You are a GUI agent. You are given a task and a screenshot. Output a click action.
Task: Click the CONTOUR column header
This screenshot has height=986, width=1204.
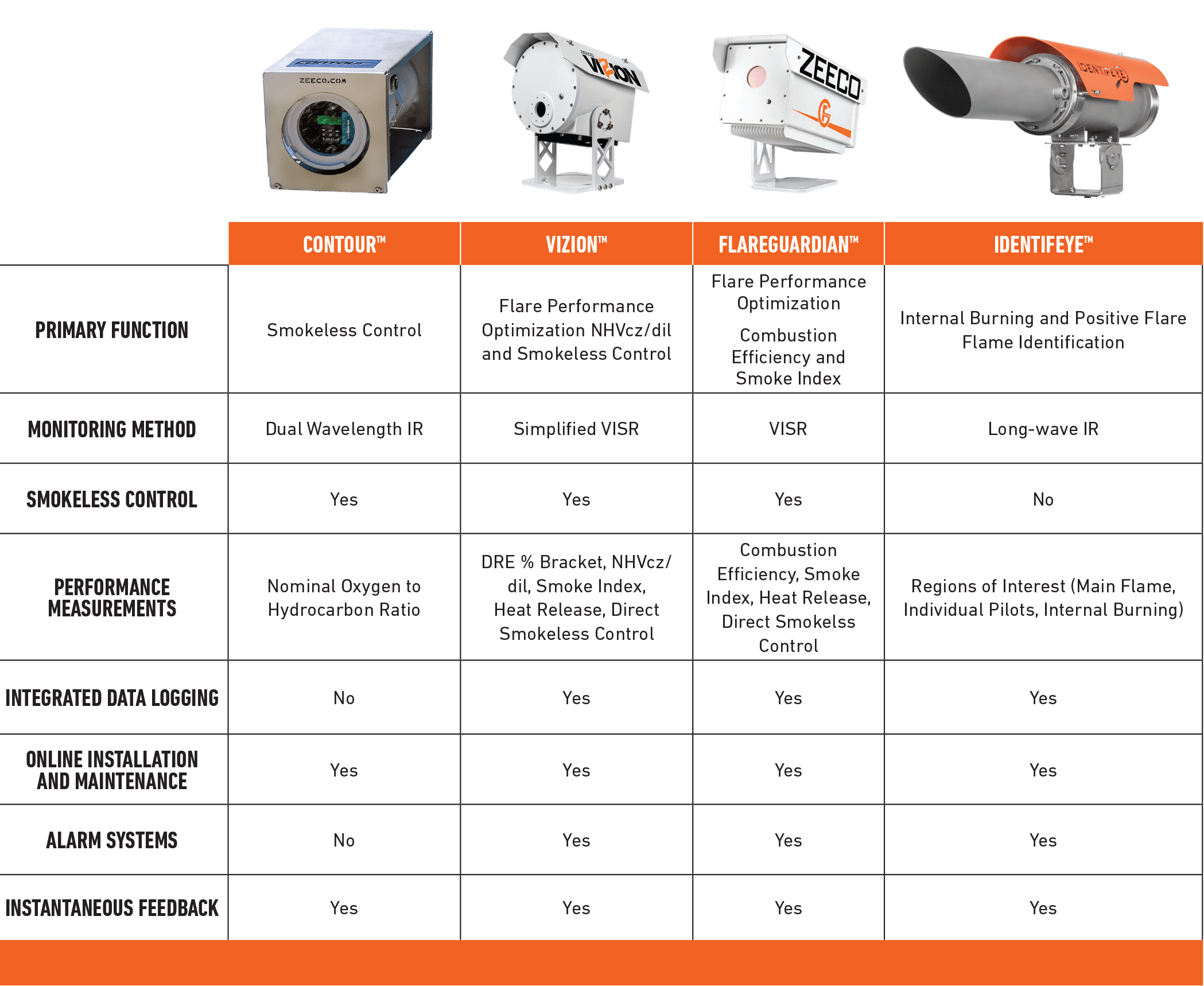pyautogui.click(x=344, y=244)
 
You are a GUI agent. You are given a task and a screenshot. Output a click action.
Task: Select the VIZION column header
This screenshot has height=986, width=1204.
pyautogui.click(x=576, y=244)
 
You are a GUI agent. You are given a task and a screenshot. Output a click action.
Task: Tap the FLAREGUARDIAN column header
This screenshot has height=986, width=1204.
pyautogui.click(x=789, y=244)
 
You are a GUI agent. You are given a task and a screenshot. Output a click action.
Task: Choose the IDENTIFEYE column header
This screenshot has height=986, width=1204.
pyautogui.click(x=1043, y=244)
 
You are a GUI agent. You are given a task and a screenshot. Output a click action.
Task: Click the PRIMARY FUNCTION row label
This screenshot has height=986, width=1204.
pyautogui.click(x=112, y=330)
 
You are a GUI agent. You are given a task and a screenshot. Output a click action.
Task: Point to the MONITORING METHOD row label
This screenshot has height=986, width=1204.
pyautogui.click(x=112, y=429)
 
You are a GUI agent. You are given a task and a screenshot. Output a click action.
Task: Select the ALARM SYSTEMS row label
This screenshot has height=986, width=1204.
pyautogui.click(x=112, y=840)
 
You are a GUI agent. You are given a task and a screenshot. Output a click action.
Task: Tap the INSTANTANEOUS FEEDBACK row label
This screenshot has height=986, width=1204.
pyautogui.click(x=112, y=908)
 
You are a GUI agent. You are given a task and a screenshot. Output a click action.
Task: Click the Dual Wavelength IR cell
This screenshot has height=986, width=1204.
pyautogui.click(x=344, y=429)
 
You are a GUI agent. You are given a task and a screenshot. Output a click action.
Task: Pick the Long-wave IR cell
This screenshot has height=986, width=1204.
pyautogui.click(x=1043, y=429)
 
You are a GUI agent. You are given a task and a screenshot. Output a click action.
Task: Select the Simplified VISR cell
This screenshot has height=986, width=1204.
pyautogui.click(x=576, y=429)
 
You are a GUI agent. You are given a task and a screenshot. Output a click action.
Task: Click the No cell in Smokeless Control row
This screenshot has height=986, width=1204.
pyautogui.click(x=1043, y=499)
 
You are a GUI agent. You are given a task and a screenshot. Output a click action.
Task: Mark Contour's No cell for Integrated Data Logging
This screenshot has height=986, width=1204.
pyautogui.click(x=344, y=698)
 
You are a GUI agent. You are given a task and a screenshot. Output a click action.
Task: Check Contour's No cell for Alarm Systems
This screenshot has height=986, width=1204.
pyautogui.click(x=344, y=840)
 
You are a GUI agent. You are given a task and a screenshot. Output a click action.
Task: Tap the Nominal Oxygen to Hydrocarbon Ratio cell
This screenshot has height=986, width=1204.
pyautogui.click(x=344, y=597)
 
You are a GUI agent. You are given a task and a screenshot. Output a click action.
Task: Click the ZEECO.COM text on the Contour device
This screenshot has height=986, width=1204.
pyautogui.click(x=323, y=81)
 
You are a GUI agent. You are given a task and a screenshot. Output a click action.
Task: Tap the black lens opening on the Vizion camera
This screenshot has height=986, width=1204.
pyautogui.click(x=540, y=109)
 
